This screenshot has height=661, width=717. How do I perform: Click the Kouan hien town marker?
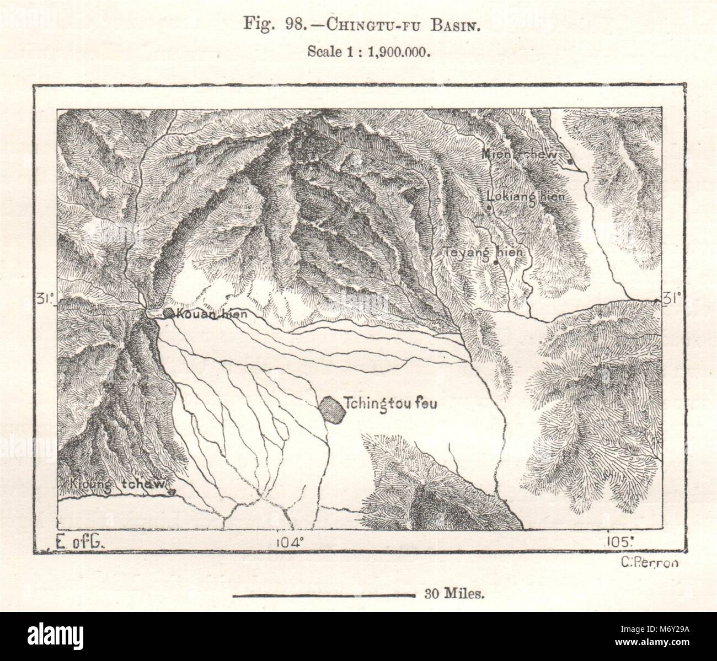(x=169, y=314)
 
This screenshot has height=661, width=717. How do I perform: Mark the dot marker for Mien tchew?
(x=569, y=162)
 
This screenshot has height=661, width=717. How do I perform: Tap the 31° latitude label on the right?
(x=672, y=299)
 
